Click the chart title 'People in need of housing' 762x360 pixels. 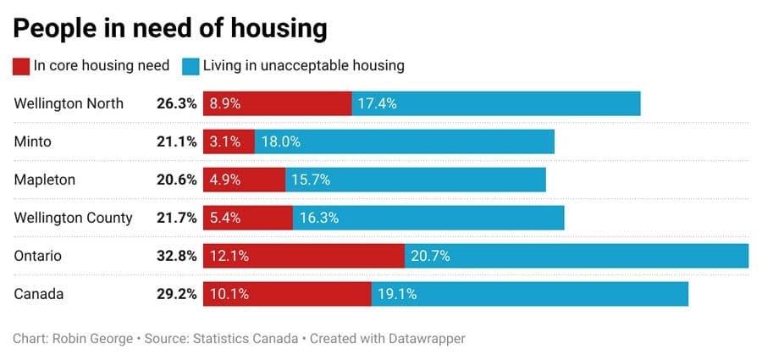[169, 28]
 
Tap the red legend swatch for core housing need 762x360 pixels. [21, 65]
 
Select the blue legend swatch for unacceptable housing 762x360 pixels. [190, 65]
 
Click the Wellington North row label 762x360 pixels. [69, 103]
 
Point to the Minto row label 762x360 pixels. [33, 141]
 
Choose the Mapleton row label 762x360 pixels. [45, 180]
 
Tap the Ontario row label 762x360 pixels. [38, 256]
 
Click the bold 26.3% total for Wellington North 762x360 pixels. [176, 103]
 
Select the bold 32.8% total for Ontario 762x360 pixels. [176, 256]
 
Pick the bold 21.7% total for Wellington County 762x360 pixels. [176, 218]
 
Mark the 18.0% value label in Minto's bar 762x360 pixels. [280, 141]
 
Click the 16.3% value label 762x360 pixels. [319, 218]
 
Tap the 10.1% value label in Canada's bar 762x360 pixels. [230, 294]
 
